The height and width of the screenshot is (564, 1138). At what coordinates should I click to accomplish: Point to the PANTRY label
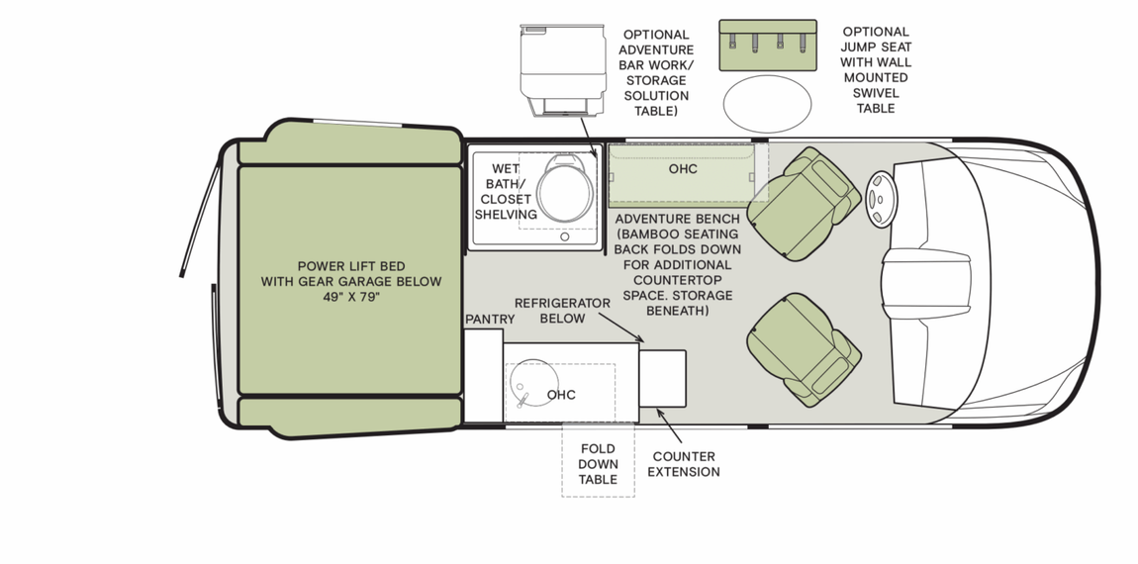click(490, 319)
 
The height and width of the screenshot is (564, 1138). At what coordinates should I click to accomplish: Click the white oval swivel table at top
click(767, 102)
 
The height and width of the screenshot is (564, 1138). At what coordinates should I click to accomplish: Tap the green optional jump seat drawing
click(767, 46)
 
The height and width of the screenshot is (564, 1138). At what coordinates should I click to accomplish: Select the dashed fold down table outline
click(598, 462)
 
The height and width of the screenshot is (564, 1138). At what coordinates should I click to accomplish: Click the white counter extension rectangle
click(662, 377)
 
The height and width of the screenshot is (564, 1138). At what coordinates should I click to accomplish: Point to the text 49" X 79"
click(350, 297)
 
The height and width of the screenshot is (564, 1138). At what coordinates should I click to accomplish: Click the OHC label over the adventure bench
click(683, 169)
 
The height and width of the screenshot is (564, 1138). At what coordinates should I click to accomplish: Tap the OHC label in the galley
click(561, 395)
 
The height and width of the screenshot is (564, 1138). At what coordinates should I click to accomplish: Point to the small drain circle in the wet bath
click(565, 236)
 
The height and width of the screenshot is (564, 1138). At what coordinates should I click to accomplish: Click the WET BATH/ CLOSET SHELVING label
click(506, 191)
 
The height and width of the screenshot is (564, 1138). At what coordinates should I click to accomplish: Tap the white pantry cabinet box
click(483, 376)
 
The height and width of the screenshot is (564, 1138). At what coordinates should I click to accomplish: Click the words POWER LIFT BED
click(350, 266)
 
